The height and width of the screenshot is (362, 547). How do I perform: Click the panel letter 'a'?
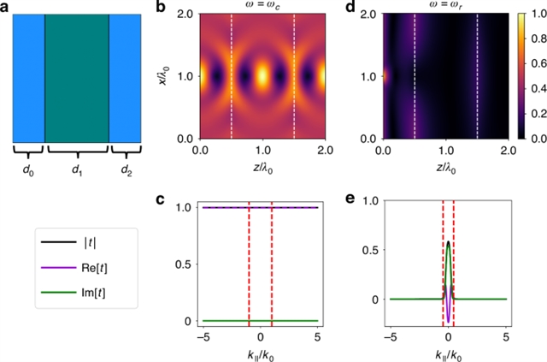7,8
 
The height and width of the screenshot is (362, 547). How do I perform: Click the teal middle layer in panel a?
77,77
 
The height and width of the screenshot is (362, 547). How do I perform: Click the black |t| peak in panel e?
448,243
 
